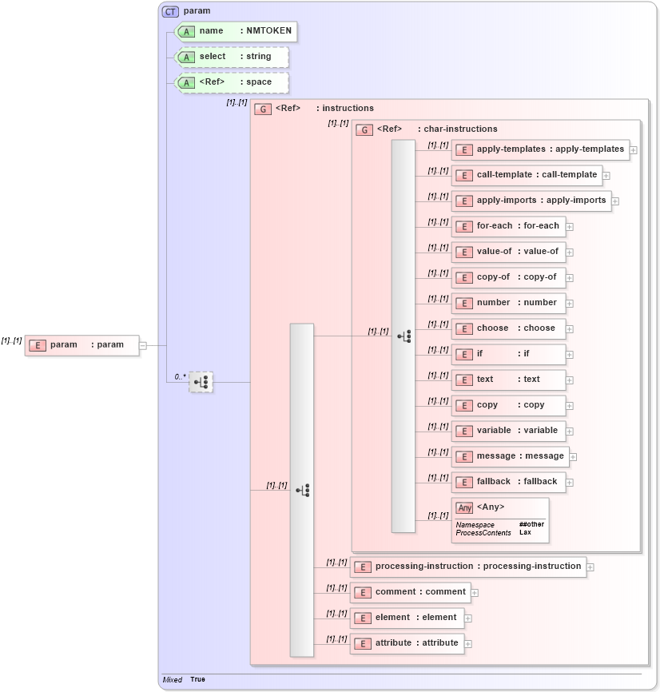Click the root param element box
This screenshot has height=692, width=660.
(x=82, y=345)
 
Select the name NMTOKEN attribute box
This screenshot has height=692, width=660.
(x=236, y=31)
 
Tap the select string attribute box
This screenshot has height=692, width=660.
(x=232, y=57)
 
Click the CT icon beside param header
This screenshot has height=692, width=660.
(x=170, y=11)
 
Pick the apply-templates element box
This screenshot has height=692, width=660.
(x=539, y=149)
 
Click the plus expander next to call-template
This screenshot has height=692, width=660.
(x=606, y=175)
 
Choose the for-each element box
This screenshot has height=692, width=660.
(x=508, y=226)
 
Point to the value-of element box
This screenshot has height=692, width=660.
(x=508, y=252)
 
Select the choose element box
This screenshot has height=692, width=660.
(x=508, y=328)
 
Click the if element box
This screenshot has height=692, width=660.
(x=508, y=354)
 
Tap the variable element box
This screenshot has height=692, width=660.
(x=508, y=431)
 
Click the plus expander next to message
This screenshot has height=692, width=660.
(x=573, y=457)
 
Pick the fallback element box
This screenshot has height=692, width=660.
(x=508, y=482)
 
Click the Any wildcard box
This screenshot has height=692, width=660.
(x=500, y=519)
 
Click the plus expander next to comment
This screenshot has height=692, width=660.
(x=475, y=593)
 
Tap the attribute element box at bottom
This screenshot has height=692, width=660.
(x=407, y=643)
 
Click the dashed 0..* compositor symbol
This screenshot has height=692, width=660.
(x=201, y=382)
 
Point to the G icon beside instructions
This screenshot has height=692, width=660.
(x=261, y=109)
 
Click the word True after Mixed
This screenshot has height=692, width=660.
(x=197, y=679)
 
